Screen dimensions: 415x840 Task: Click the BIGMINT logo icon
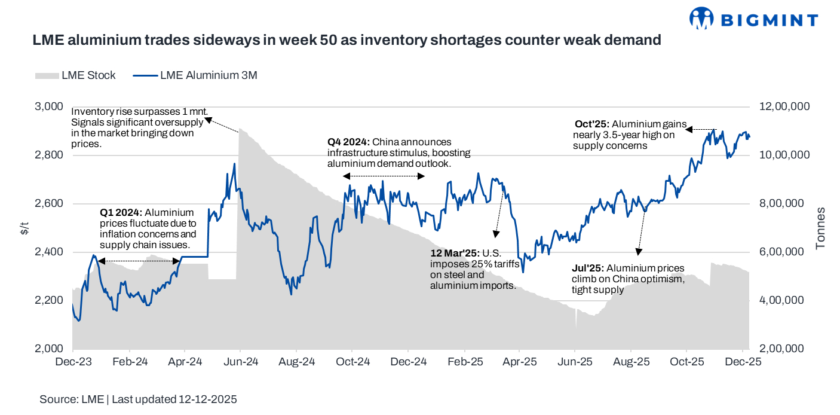tap(701, 18)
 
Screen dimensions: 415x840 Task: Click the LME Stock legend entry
tap(75, 75)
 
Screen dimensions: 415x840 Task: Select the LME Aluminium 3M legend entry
tap(194, 75)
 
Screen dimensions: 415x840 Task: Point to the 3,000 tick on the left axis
tap(50, 106)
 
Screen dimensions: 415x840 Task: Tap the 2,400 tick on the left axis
tap(50, 252)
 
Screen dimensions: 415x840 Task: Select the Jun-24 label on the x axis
tap(241, 362)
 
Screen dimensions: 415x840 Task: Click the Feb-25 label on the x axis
tap(465, 362)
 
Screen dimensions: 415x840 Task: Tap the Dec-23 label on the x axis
tap(73, 362)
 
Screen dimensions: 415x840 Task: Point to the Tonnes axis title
tap(820, 228)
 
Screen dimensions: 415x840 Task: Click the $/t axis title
tap(24, 228)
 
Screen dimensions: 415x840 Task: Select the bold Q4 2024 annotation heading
tap(348, 142)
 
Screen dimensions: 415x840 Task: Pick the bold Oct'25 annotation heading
tap(591, 124)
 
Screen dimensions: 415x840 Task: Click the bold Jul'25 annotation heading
tap(587, 268)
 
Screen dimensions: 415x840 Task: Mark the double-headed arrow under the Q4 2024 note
tap(384, 176)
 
